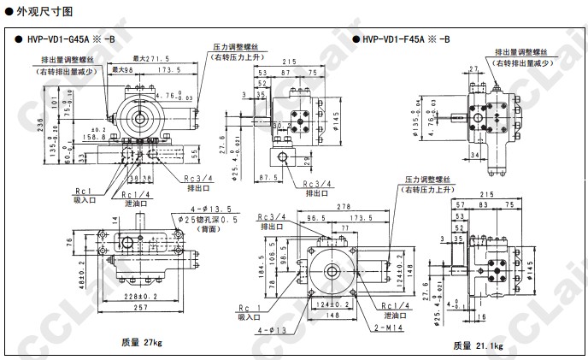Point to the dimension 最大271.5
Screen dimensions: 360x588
(x=151, y=58)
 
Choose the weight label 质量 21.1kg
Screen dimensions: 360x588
(x=479, y=345)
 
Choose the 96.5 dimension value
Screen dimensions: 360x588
(x=317, y=219)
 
